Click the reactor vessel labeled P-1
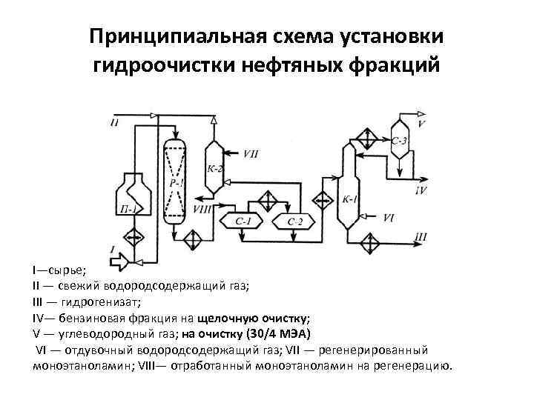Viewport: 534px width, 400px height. point(176,181)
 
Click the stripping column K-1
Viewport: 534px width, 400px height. point(348,193)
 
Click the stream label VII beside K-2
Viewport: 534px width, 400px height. point(251,154)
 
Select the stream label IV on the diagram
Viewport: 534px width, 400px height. point(421,190)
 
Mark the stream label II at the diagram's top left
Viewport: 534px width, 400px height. point(114,122)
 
